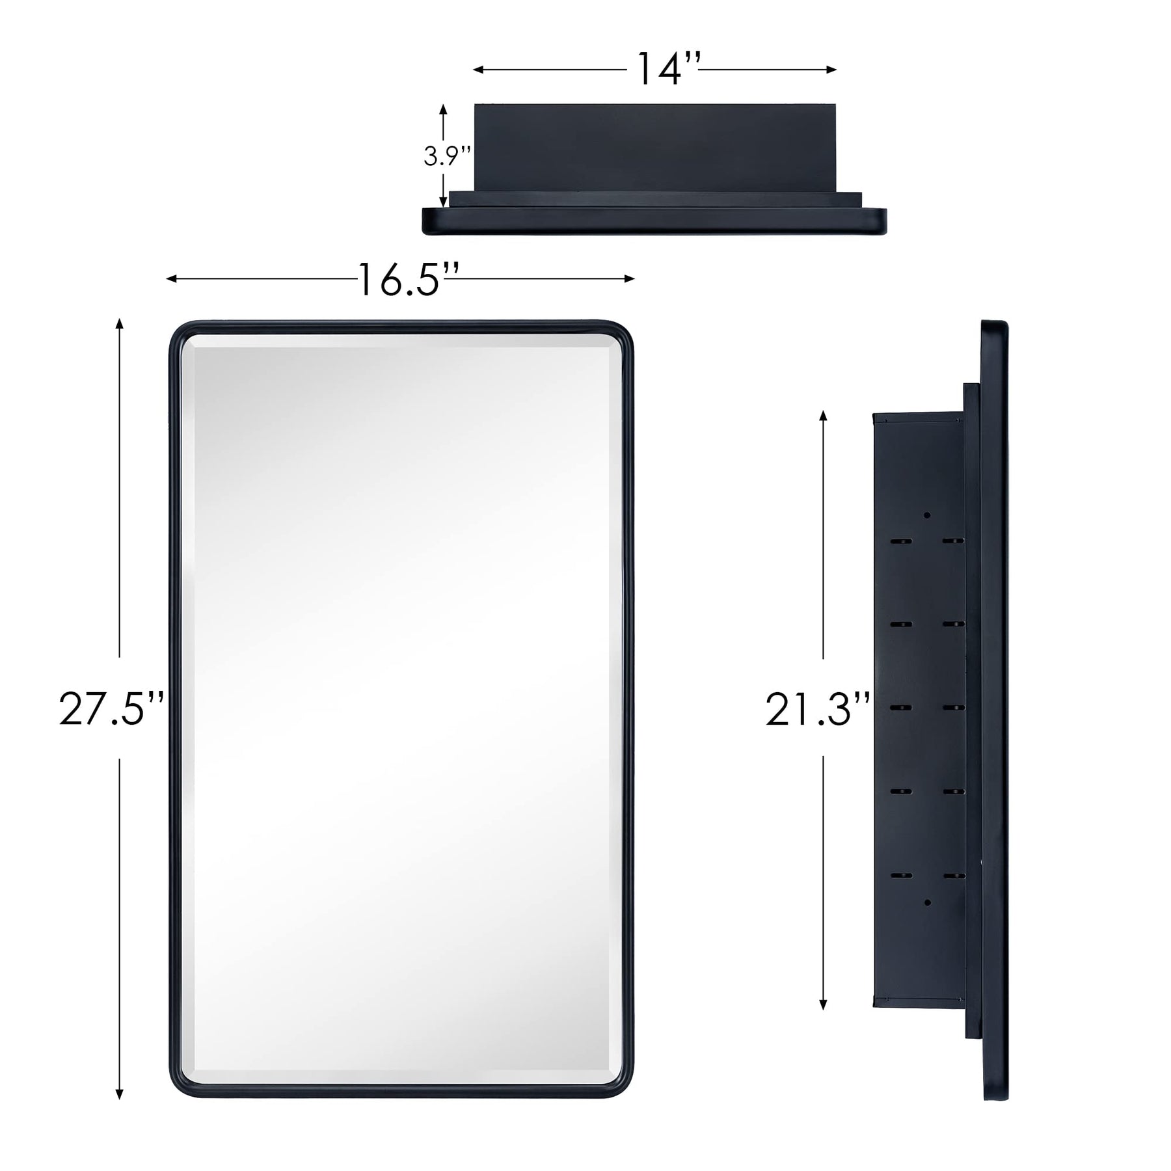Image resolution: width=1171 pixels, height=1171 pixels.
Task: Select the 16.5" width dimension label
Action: [409, 280]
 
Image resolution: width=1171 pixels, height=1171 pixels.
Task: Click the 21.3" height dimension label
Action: [817, 708]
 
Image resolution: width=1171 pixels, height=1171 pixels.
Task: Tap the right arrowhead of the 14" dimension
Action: [831, 70]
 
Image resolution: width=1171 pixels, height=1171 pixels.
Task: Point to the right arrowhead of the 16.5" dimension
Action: [629, 279]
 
